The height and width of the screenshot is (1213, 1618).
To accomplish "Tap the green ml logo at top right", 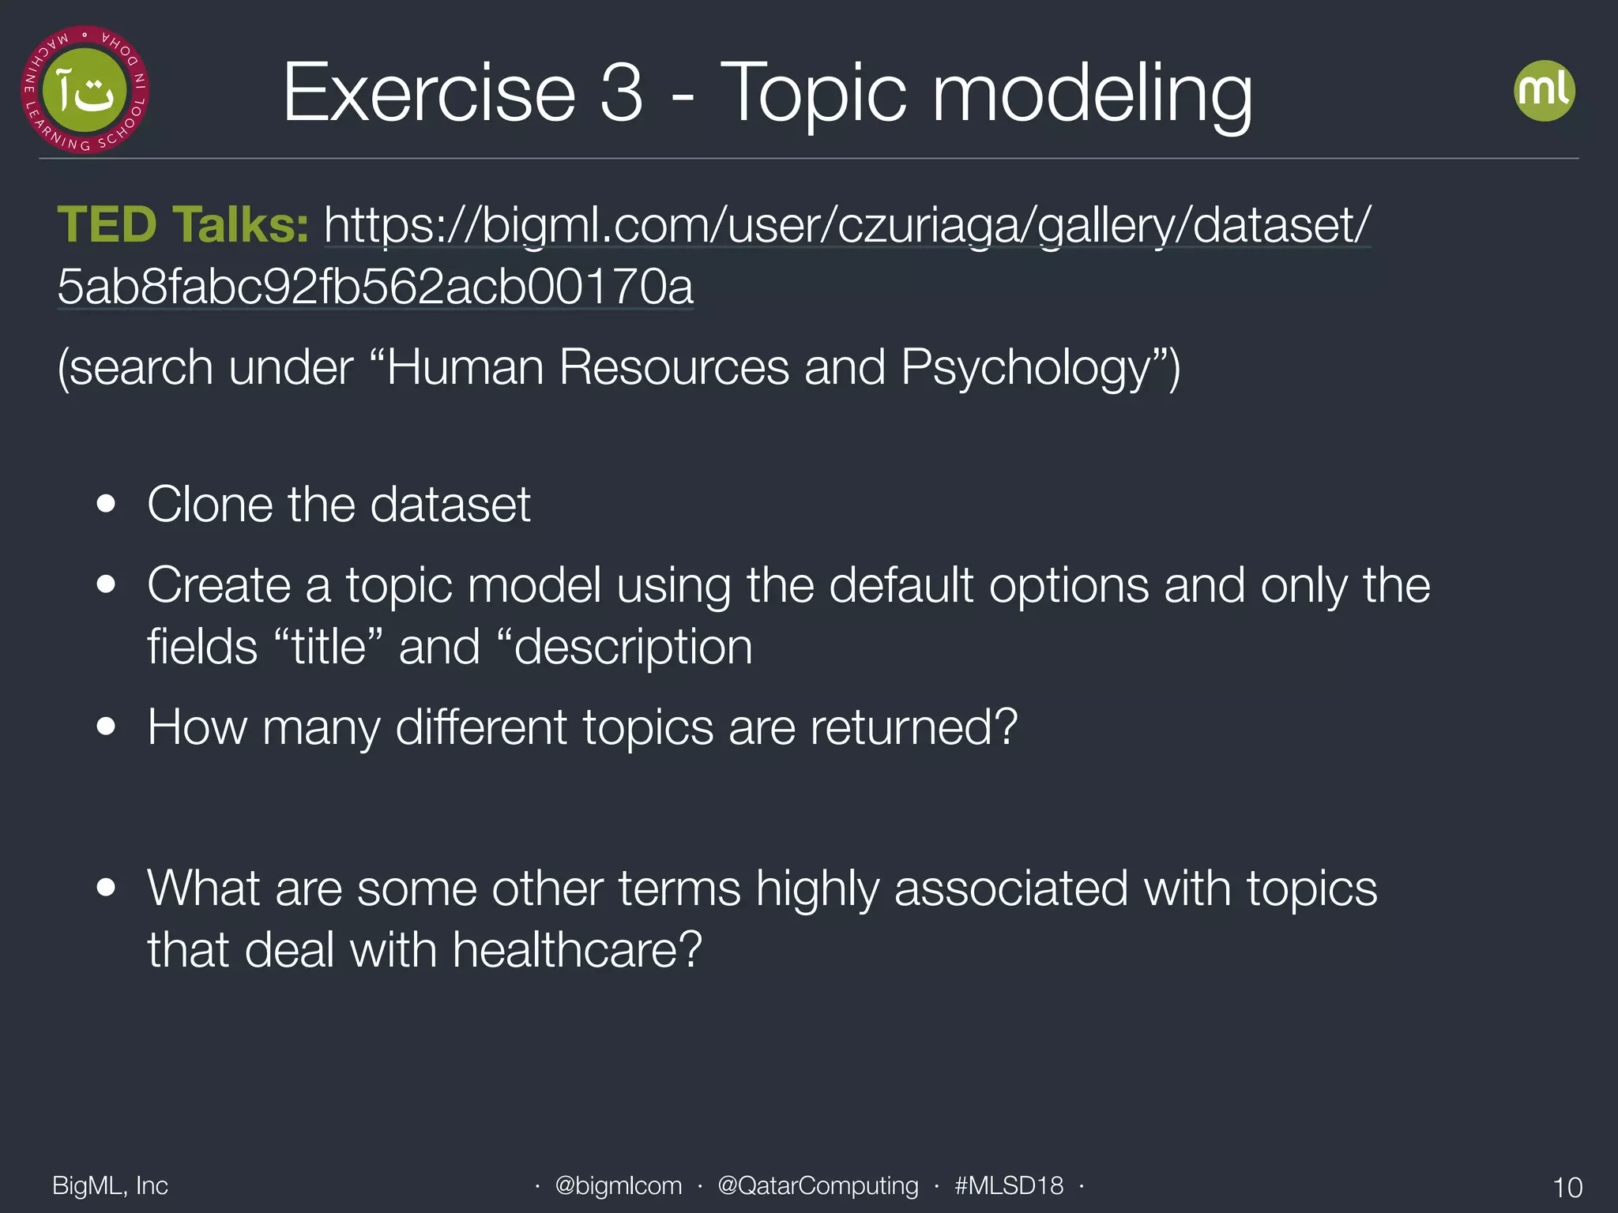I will tap(1544, 91).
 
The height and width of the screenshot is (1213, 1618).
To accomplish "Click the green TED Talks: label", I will tap(182, 225).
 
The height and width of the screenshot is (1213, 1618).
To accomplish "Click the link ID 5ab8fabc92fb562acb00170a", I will tap(375, 287).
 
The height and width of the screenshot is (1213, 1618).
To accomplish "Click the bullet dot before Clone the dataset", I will tap(106, 505).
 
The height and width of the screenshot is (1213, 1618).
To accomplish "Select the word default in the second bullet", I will tap(900, 586).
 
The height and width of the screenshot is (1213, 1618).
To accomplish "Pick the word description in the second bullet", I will tap(632, 648).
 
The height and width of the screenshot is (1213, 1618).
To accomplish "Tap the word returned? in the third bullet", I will tap(913, 727).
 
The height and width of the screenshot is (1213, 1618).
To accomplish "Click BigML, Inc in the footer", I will tap(110, 1185).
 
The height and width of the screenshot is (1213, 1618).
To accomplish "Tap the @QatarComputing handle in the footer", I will tap(818, 1185).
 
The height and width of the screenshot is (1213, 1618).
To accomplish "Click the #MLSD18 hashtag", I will tap(1009, 1185).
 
